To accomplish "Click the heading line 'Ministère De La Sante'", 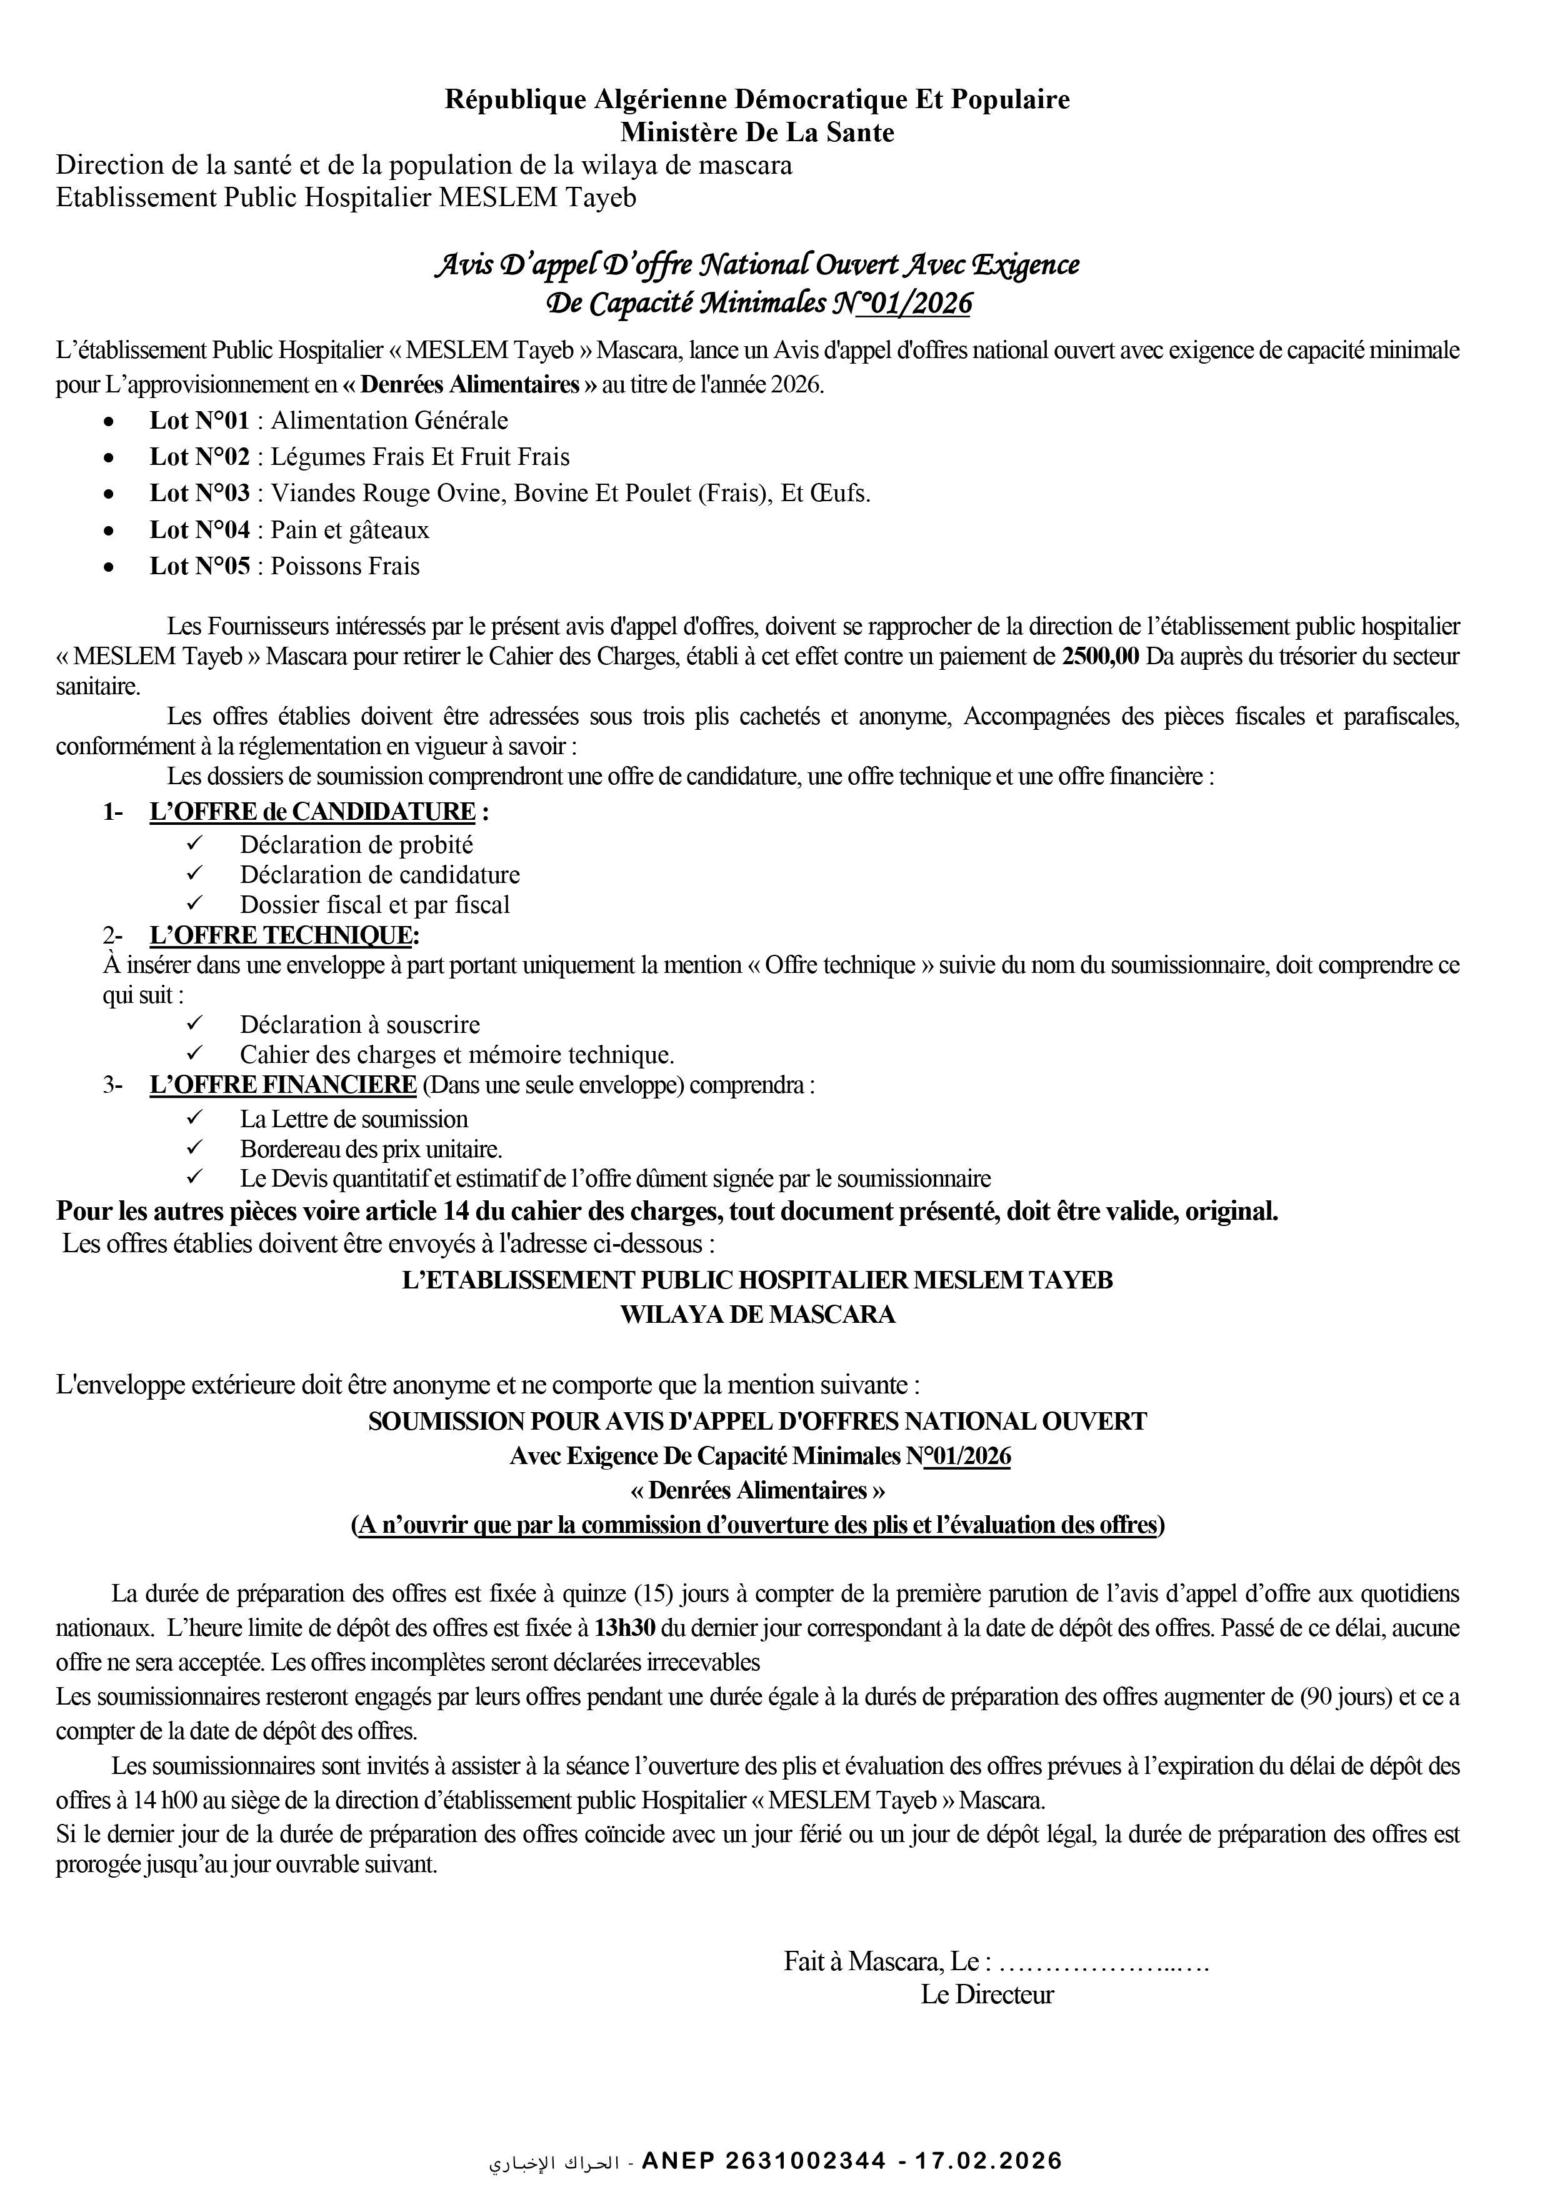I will tap(757, 132).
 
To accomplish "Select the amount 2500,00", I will tap(1100, 657).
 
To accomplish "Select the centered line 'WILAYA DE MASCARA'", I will tap(757, 1315).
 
